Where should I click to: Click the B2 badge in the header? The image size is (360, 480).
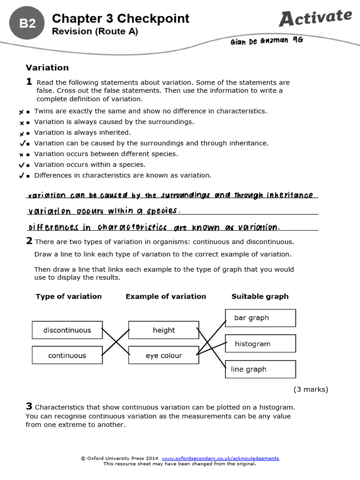pyautogui.click(x=28, y=23)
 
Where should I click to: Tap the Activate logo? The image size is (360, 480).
pyautogui.click(x=315, y=17)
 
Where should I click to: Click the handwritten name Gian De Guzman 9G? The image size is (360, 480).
pyautogui.click(x=267, y=41)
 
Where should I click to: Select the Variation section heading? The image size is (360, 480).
pyautogui.click(x=47, y=67)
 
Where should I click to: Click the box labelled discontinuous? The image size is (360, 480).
pyautogui.click(x=67, y=330)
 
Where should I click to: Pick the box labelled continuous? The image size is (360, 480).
pyautogui.click(x=67, y=355)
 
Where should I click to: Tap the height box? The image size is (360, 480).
pyautogui.click(x=164, y=330)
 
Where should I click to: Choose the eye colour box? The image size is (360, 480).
pyautogui.click(x=164, y=355)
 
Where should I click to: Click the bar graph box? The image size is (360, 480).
pyautogui.click(x=260, y=318)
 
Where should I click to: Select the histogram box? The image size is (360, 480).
pyautogui.click(x=260, y=344)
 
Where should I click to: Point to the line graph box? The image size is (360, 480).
pyautogui.click(x=260, y=369)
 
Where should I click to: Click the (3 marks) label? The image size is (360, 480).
pyautogui.click(x=311, y=389)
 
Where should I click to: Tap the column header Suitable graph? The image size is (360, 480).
pyautogui.click(x=260, y=296)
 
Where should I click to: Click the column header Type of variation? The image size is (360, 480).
pyautogui.click(x=68, y=296)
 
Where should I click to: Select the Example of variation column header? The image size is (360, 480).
pyautogui.click(x=165, y=296)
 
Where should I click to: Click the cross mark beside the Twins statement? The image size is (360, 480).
pyautogui.click(x=21, y=112)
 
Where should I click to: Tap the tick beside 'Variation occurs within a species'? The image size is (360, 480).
pyautogui.click(x=21, y=165)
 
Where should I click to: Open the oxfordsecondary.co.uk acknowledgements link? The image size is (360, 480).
pyautogui.click(x=220, y=458)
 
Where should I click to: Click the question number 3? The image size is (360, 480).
pyautogui.click(x=29, y=406)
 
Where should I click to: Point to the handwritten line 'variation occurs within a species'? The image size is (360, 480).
pyautogui.click(x=104, y=211)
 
